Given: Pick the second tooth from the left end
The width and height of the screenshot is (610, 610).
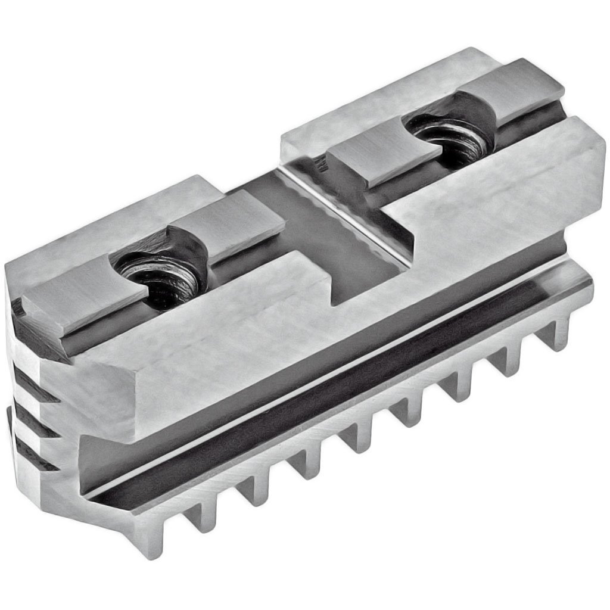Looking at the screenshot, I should [x=200, y=516].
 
